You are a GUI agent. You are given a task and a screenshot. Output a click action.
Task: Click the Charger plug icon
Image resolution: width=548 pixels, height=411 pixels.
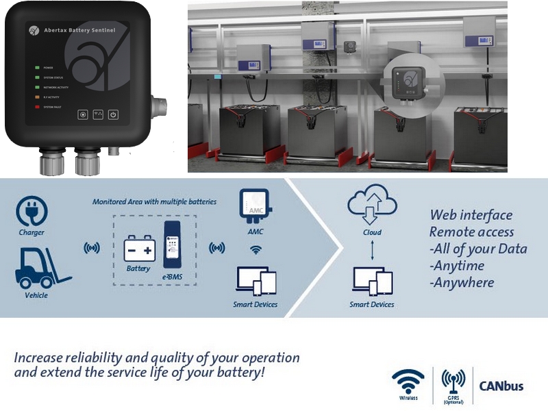pyautogui.click(x=31, y=212)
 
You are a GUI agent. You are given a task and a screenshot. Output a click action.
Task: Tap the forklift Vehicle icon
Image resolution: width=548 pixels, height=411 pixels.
pyautogui.click(x=39, y=268)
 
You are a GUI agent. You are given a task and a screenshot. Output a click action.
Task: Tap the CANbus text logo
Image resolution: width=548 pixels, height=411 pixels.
pyautogui.click(x=501, y=386)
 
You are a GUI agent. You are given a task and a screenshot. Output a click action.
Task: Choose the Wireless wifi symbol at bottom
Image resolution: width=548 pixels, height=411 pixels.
pyautogui.click(x=408, y=380)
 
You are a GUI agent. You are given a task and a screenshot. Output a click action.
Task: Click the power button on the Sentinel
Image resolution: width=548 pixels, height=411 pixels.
pyautogui.click(x=114, y=115)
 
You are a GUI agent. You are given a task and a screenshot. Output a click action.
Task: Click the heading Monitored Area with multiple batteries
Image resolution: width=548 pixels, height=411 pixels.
pyautogui.click(x=154, y=201)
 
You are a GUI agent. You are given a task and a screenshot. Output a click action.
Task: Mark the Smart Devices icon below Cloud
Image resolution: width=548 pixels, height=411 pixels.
pyautogui.click(x=372, y=280)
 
